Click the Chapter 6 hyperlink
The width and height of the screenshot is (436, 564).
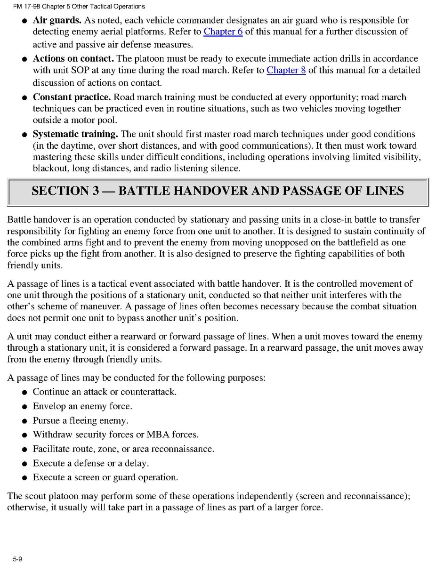[223, 32]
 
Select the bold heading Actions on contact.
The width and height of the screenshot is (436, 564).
[73, 59]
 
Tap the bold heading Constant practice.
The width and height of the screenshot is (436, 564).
[72, 97]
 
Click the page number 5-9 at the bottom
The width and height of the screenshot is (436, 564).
[17, 558]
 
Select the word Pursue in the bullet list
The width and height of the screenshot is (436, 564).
[46, 420]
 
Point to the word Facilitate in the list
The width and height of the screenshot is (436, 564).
[51, 449]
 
